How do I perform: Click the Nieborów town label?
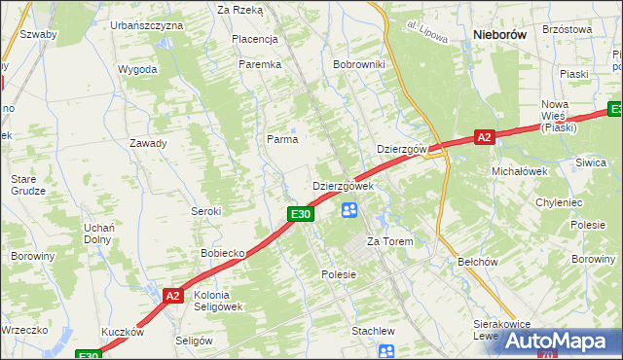click(499, 34)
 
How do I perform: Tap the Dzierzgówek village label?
click(343, 186)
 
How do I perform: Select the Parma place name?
click(282, 139)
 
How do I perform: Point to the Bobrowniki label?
click(359, 64)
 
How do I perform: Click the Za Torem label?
click(389, 241)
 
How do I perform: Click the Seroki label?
click(206, 211)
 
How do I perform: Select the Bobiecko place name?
click(222, 253)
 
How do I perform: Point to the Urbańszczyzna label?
click(147, 24)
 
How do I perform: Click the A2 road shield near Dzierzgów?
click(485, 138)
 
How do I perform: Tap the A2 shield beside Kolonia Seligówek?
click(173, 296)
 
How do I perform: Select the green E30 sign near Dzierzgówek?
click(300, 214)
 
